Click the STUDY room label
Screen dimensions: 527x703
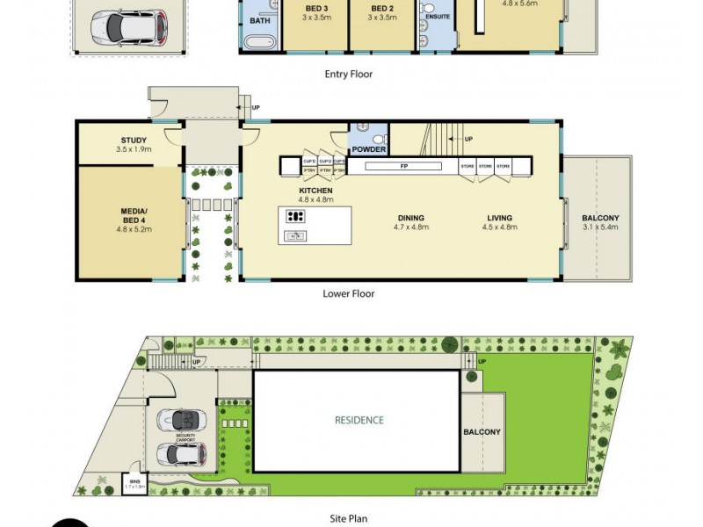(x=134, y=141)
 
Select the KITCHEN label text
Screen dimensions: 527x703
(x=315, y=191)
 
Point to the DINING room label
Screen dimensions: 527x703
(x=410, y=218)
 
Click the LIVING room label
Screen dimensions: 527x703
(x=500, y=218)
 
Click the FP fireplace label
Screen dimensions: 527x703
(x=403, y=166)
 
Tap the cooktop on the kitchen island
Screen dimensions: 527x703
(x=296, y=216)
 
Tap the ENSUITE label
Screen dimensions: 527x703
(x=437, y=16)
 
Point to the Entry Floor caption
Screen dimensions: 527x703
(x=349, y=75)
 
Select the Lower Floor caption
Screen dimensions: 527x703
(x=349, y=294)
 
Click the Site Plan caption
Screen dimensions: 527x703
(x=349, y=519)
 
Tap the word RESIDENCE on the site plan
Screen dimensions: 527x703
(x=359, y=420)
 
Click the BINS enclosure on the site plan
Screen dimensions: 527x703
(x=134, y=484)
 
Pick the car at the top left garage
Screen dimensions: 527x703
(x=127, y=25)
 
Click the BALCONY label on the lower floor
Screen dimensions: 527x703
(x=601, y=218)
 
